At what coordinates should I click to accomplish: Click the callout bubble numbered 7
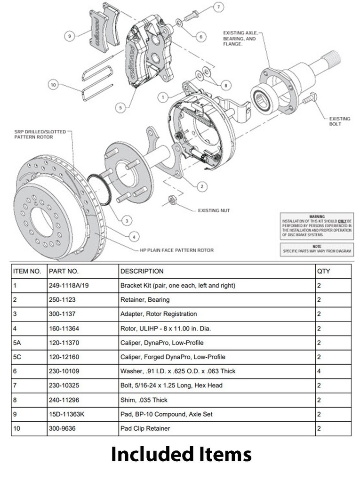tap(218, 7)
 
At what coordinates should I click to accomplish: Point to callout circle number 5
tap(121, 108)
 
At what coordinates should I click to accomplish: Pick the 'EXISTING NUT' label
tap(214, 210)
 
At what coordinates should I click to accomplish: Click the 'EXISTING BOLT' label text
tap(339, 121)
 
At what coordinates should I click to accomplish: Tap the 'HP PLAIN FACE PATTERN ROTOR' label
tap(176, 250)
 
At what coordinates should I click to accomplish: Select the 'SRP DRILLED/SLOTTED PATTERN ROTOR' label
tap(40, 134)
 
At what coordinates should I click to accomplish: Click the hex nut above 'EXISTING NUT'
tap(172, 200)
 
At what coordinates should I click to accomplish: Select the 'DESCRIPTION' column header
tap(142, 271)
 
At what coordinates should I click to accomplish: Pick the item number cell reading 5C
tap(19, 357)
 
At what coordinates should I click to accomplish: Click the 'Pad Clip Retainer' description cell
tap(145, 428)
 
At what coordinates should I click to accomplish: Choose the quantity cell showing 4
tap(319, 371)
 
